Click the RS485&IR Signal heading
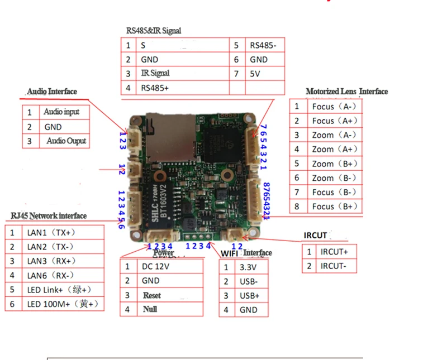[153, 31]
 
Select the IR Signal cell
[155, 73]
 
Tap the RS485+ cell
[155, 88]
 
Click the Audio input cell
[61, 112]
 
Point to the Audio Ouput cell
[66, 141]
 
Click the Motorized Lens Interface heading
[346, 92]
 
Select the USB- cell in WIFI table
[249, 281]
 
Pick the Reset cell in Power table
[152, 295]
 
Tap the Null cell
[150, 309]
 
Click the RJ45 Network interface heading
[49, 216]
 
